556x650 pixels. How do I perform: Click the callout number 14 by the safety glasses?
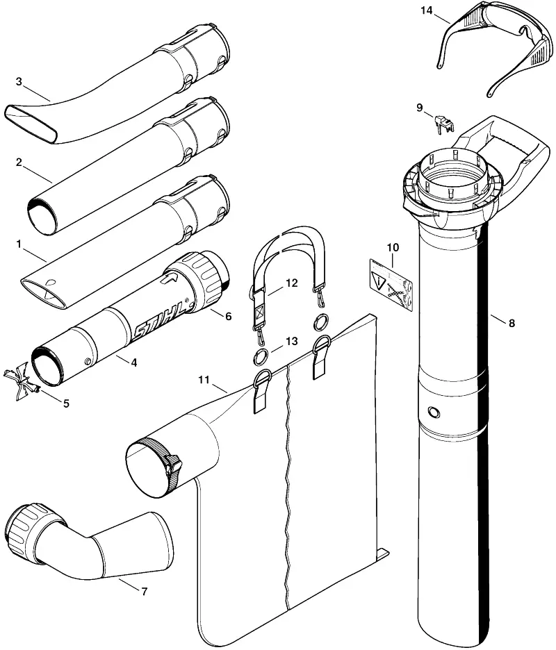point(426,10)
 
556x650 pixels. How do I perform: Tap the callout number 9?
point(420,108)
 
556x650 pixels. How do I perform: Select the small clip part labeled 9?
point(443,124)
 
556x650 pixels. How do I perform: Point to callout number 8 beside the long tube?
point(512,323)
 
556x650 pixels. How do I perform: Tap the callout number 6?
point(228,316)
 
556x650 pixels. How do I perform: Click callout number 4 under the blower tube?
point(133,362)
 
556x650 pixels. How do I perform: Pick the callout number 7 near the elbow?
point(144,592)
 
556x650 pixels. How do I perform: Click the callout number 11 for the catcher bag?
point(204,380)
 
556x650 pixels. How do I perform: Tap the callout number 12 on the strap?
point(292,283)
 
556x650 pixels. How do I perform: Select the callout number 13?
point(292,341)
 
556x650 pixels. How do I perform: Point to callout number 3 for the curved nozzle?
point(19,82)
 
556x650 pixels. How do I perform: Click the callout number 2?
point(19,162)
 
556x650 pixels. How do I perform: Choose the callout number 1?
point(19,244)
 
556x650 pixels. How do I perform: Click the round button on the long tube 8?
point(434,412)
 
